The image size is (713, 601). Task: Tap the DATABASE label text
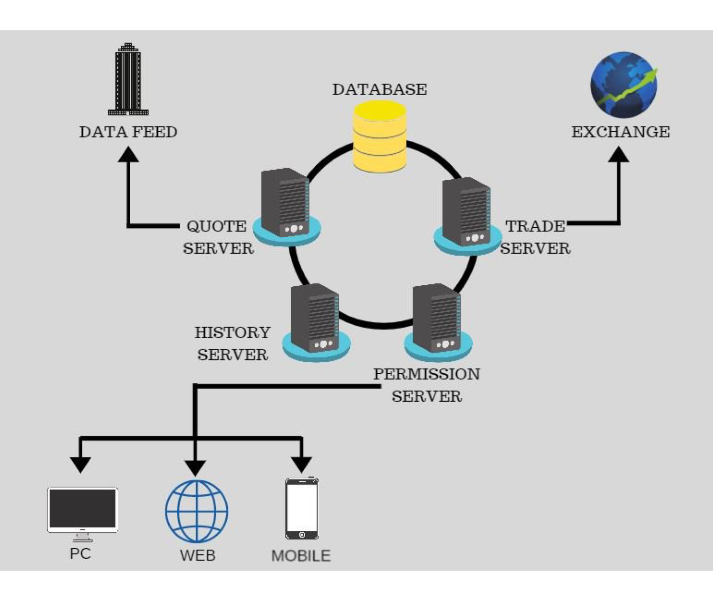(379, 89)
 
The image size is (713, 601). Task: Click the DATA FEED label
(128, 132)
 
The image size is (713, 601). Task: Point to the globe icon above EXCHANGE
(624, 85)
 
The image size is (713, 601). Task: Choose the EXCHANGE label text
(620, 132)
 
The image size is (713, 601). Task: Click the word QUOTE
(216, 226)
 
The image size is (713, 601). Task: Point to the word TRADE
(535, 226)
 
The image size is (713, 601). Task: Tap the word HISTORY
(232, 332)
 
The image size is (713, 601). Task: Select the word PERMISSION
(426, 374)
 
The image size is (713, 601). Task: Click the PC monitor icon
(82, 509)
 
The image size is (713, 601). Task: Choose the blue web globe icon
(197, 512)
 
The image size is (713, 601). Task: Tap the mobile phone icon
(302, 509)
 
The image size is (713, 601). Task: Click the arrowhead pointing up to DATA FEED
(128, 155)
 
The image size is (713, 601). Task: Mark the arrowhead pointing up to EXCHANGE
(619, 155)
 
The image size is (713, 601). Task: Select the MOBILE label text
(301, 555)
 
